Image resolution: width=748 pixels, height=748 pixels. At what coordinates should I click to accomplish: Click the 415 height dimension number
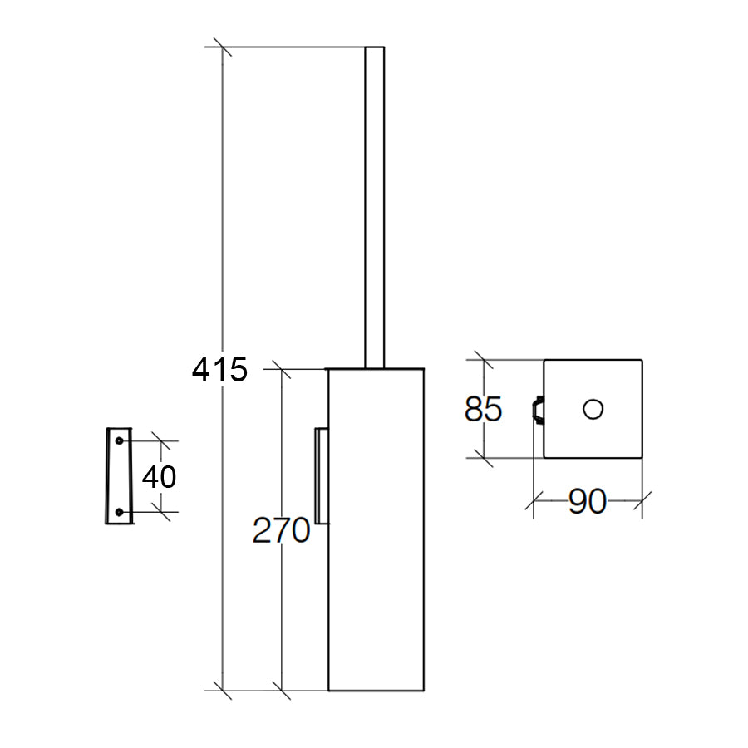220,369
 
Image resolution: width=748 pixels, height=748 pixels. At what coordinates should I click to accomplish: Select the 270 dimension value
281,530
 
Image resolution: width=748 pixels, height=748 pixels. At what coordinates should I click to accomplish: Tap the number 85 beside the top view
483,410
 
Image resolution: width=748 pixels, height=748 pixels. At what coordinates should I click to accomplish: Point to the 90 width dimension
587,502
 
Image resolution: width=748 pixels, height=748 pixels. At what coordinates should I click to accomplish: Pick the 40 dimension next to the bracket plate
159,477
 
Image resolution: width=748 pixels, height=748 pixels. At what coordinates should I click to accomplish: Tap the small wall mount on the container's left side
321,476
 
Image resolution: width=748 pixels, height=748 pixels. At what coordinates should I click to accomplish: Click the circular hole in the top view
593,409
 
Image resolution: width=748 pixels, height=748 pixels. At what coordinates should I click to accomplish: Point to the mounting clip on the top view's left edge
538,410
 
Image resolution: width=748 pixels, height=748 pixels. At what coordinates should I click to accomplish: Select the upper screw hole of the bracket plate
119,440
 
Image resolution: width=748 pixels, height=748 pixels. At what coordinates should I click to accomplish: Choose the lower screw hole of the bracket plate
119,513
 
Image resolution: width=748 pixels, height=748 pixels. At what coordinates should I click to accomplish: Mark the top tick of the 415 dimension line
222,47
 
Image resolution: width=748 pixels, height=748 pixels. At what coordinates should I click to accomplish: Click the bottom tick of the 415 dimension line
222,690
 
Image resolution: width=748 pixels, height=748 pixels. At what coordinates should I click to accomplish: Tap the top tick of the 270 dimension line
283,368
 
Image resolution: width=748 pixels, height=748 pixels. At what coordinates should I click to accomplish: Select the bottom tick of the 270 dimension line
283,690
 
